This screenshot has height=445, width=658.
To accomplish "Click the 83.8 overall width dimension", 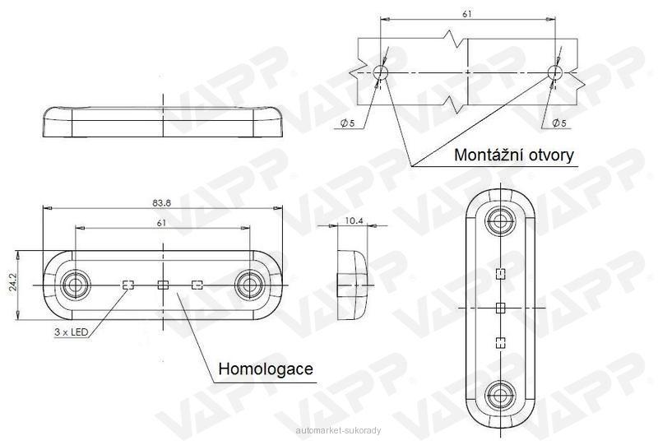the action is pyautogui.click(x=161, y=203).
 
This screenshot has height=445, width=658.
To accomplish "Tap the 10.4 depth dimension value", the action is pyautogui.click(x=354, y=220).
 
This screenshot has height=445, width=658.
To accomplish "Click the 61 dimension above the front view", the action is pyautogui.click(x=161, y=223).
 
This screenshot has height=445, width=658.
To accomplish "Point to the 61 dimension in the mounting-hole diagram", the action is pyautogui.click(x=467, y=14).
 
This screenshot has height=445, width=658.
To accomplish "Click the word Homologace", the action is pyautogui.click(x=266, y=369).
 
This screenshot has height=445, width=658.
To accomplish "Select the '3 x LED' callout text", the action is pyautogui.click(x=71, y=332).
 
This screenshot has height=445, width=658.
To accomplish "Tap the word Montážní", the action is pyautogui.click(x=488, y=155).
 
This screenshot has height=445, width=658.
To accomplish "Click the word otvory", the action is pyautogui.click(x=550, y=155).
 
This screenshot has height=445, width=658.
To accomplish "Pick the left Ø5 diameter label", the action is pyautogui.click(x=348, y=123).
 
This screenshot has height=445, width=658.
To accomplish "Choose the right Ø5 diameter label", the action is pyautogui.click(x=559, y=123).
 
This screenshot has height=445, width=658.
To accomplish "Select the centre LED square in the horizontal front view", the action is pyautogui.click(x=163, y=285).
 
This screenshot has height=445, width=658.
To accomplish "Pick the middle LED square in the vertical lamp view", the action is pyautogui.click(x=500, y=308).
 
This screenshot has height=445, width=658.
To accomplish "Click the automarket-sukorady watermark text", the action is pyautogui.click(x=338, y=430).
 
